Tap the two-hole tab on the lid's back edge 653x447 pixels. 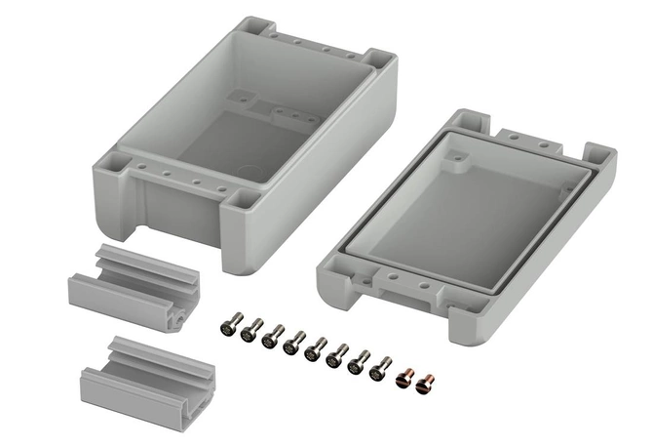pyautogui.click(x=531, y=140)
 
